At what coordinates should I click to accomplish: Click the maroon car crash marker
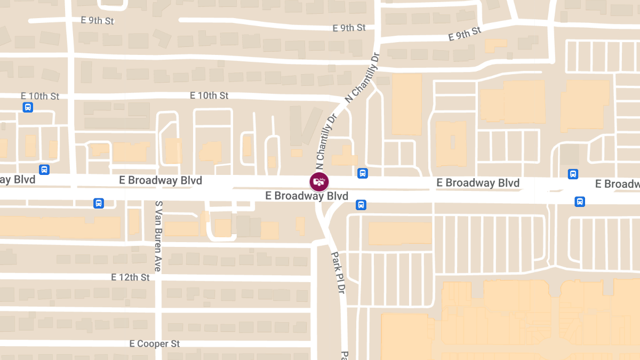click(x=319, y=182)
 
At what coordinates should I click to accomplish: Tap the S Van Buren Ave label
click(x=158, y=236)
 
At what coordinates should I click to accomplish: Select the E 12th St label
click(x=130, y=277)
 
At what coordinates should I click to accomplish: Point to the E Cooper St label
click(x=155, y=343)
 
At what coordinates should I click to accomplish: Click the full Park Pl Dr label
click(x=338, y=272)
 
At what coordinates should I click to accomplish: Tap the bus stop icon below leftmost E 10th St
click(x=28, y=107)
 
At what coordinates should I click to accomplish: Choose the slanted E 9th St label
click(x=465, y=34)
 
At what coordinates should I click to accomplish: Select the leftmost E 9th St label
click(x=98, y=21)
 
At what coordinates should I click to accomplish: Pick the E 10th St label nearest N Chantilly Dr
click(x=209, y=95)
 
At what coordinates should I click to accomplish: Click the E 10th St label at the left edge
click(x=40, y=96)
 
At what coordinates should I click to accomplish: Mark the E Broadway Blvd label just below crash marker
click(x=307, y=196)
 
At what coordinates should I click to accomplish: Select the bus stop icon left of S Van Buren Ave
click(x=99, y=203)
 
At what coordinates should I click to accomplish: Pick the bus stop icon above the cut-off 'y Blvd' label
click(x=44, y=170)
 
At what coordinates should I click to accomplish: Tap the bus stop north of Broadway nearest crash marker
click(x=363, y=173)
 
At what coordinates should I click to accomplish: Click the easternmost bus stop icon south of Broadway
click(x=580, y=202)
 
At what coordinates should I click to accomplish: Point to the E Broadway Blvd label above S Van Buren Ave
click(x=161, y=181)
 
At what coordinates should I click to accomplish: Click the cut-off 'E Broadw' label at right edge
click(x=618, y=184)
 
